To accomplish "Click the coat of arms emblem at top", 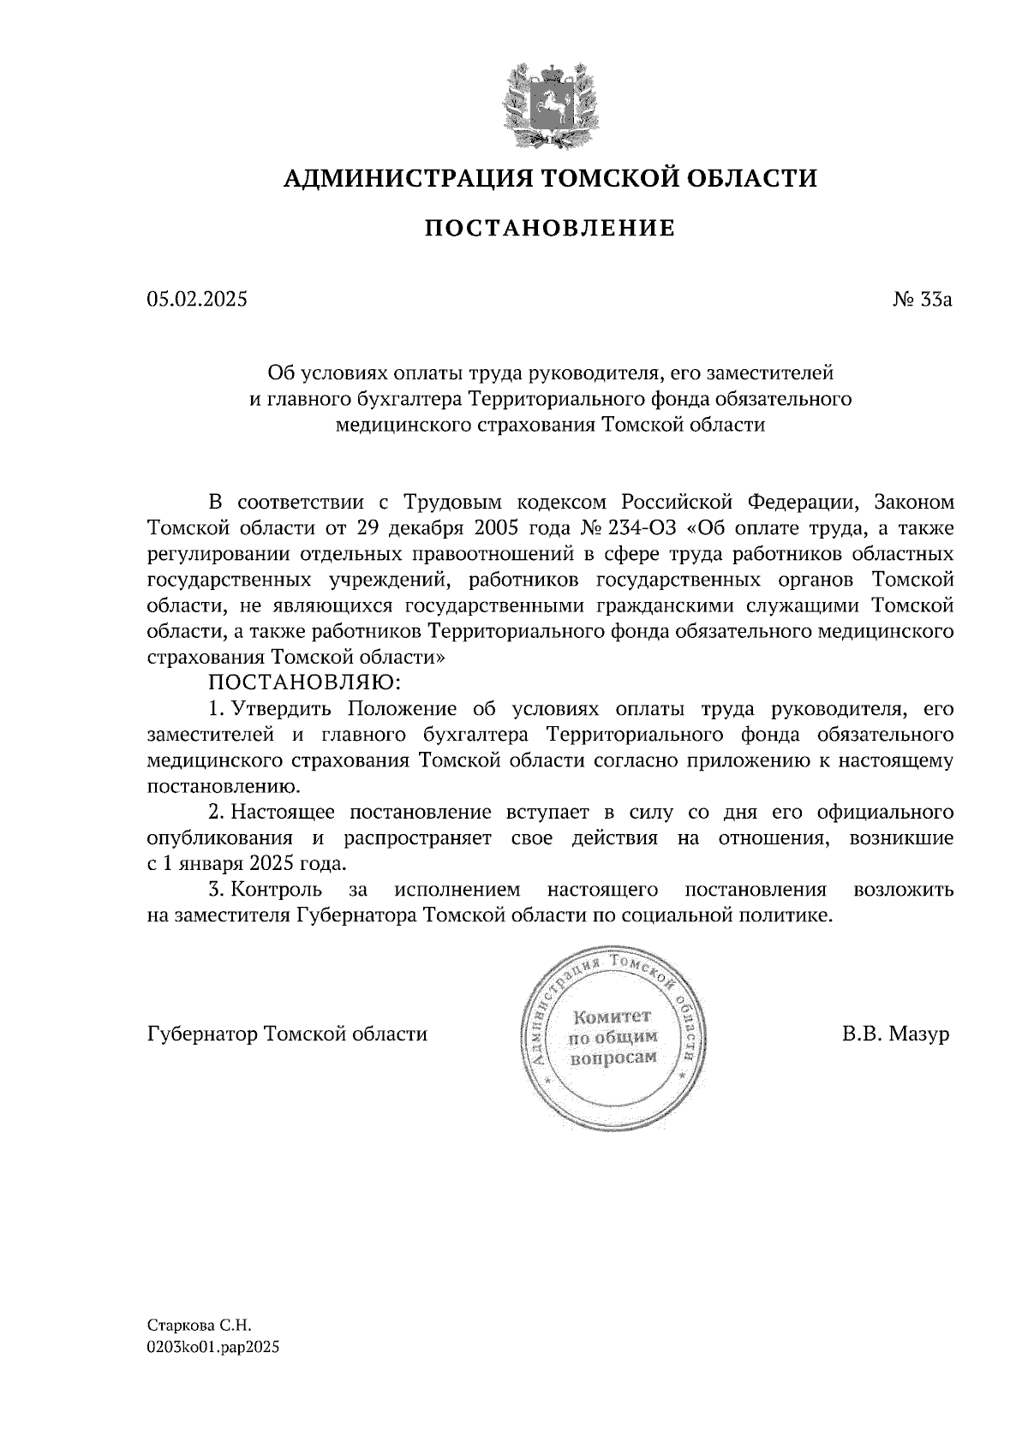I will (549, 100).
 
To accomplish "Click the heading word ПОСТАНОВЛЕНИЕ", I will (549, 229).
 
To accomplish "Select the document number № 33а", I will (922, 300).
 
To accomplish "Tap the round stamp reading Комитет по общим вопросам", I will (613, 1036).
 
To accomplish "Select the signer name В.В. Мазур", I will (895, 1034).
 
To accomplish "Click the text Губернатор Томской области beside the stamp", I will (287, 1034).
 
